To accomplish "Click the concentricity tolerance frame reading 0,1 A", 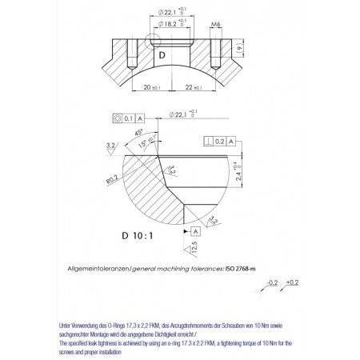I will click(x=129, y=118).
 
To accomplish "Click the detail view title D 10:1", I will click(x=136, y=236).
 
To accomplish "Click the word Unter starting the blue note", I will click(x=67, y=326).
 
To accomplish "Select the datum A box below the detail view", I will click(x=195, y=231).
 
